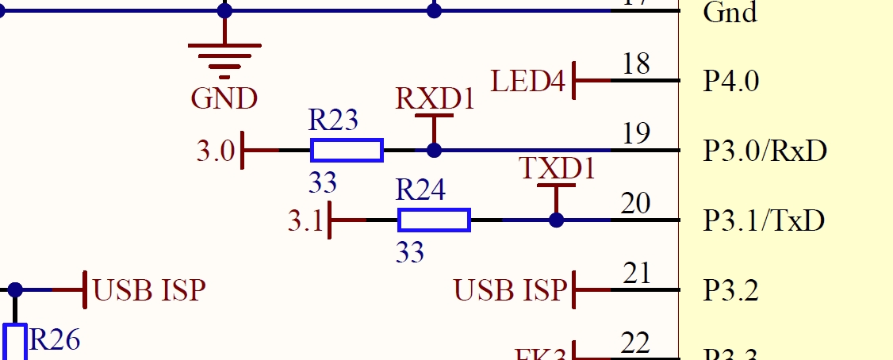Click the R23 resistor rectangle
click(347, 150)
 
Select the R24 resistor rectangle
click(434, 220)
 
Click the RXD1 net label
click(435, 99)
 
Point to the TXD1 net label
click(557, 169)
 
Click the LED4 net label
click(528, 81)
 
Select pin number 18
click(636, 64)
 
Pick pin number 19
click(636, 134)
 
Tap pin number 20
click(636, 204)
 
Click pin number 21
click(636, 274)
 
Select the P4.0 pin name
click(731, 82)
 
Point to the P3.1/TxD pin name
click(764, 220)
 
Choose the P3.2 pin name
click(731, 291)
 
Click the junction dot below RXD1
click(434, 150)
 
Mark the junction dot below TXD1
click(556, 220)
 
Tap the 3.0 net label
click(216, 151)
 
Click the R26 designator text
click(54, 340)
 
